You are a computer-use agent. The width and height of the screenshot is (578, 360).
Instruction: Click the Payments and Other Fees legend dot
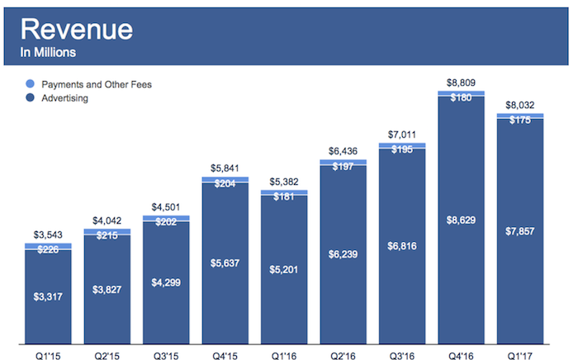pyautogui.click(x=31, y=84)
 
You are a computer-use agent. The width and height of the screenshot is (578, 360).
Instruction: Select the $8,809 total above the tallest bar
pyautogui.click(x=461, y=83)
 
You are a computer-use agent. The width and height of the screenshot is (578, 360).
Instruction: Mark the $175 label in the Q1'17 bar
pyautogui.click(x=520, y=120)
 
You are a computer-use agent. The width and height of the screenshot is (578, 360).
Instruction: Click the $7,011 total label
pyautogui.click(x=402, y=134)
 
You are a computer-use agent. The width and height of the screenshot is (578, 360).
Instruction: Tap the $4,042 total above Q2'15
pyautogui.click(x=107, y=220)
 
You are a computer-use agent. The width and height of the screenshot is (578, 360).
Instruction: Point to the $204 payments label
pyautogui.click(x=225, y=184)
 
